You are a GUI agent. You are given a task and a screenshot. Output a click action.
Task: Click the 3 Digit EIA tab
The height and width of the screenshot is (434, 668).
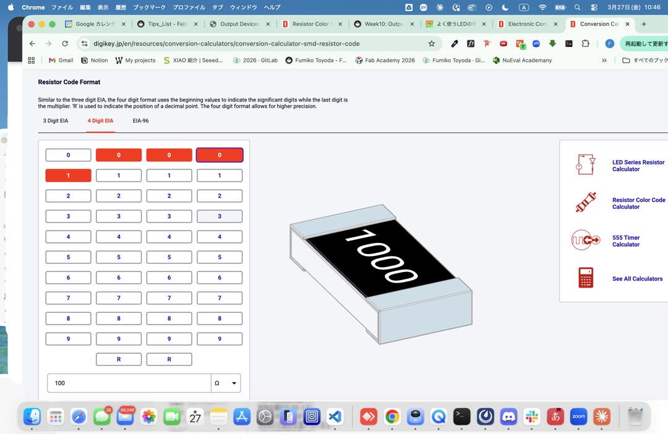pyautogui.click(x=56, y=121)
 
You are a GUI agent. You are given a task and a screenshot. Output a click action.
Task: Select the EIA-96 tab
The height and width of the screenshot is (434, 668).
pyautogui.click(x=140, y=121)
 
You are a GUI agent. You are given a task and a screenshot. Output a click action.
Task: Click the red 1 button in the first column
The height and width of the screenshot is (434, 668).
pyautogui.click(x=68, y=176)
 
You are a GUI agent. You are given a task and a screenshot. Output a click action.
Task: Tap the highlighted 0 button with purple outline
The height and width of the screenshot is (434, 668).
pyautogui.click(x=220, y=155)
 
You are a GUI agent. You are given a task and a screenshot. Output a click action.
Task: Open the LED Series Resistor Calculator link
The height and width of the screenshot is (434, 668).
pyautogui.click(x=638, y=166)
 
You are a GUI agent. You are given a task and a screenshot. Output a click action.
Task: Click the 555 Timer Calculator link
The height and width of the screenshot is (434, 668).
pyautogui.click(x=625, y=241)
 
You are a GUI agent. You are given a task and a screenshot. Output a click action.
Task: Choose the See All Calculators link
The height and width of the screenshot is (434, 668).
pyautogui.click(x=637, y=279)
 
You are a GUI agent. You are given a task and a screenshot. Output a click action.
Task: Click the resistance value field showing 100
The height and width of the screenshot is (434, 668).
pyautogui.click(x=129, y=383)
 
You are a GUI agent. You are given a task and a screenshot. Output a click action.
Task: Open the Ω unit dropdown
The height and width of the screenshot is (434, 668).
pyautogui.click(x=226, y=383)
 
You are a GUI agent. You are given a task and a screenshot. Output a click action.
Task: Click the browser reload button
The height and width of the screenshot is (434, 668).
pyautogui.click(x=65, y=44)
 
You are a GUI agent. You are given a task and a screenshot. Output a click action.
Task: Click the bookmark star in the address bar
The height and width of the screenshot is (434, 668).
pyautogui.click(x=431, y=44)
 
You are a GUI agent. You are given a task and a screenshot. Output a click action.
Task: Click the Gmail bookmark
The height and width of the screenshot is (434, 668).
pyautogui.click(x=61, y=61)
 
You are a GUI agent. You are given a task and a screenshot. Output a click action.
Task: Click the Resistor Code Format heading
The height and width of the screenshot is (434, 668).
pyautogui.click(x=69, y=82)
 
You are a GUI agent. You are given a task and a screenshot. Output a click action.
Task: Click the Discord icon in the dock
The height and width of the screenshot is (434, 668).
pyautogui.click(x=508, y=417)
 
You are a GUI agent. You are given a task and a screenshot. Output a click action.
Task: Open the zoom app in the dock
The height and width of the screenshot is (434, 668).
pyautogui.click(x=578, y=417)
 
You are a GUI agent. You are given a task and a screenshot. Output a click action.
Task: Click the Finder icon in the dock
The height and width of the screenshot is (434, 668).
pyautogui.click(x=32, y=417)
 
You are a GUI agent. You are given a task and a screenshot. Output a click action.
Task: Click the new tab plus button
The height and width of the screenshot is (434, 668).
pyautogui.click(x=644, y=24)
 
